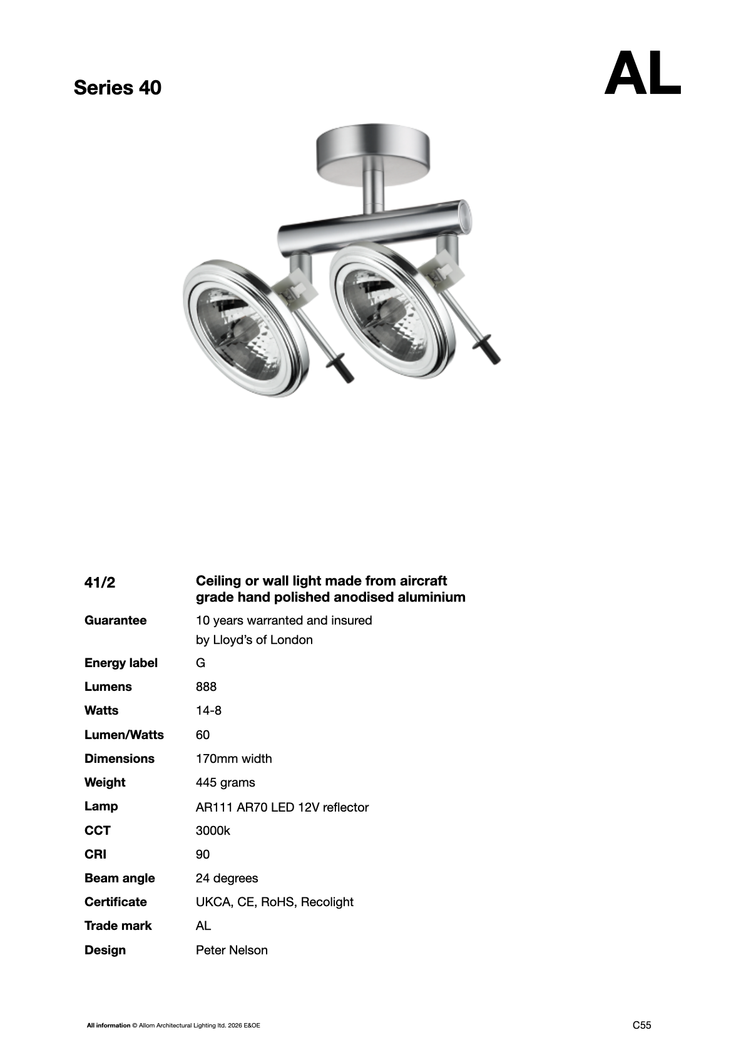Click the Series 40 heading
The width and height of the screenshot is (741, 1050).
click(117, 88)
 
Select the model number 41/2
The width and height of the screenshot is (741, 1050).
click(100, 583)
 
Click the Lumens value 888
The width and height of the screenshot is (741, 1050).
click(206, 686)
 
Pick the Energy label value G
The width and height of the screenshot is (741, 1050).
click(200, 663)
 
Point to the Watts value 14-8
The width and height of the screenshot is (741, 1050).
click(208, 710)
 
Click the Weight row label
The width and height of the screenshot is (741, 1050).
click(105, 782)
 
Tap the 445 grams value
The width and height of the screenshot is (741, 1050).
click(225, 782)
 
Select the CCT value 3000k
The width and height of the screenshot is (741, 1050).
click(213, 830)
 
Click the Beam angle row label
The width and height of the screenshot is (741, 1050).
click(120, 878)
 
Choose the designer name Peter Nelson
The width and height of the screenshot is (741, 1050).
click(232, 950)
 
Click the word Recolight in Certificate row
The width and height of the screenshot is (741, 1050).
click(327, 902)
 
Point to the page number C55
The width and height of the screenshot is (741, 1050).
click(641, 1025)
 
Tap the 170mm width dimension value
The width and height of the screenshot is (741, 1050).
click(233, 758)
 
